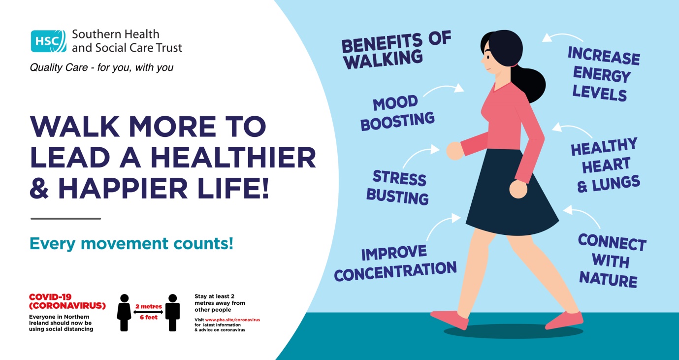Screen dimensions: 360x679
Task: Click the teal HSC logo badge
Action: point(48,41)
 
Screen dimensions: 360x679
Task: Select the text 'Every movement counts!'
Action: point(131,243)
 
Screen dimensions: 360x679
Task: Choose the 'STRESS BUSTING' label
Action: point(397,188)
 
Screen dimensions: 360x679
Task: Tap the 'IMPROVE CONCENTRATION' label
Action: point(395,263)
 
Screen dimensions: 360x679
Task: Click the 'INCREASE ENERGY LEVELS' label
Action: point(603,74)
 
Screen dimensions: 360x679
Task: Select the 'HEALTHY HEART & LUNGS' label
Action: point(606,165)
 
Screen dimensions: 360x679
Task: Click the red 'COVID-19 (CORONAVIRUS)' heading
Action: point(67,301)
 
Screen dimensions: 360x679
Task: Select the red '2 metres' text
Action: point(148,306)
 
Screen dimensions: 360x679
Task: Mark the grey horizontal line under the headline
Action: point(65,218)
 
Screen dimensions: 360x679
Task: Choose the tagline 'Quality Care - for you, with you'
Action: point(101,67)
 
